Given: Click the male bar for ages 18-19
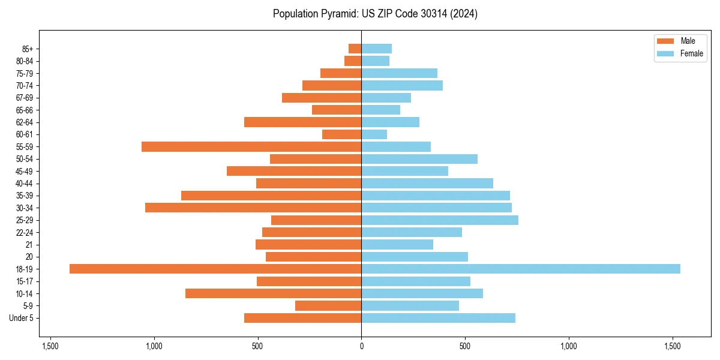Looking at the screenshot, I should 215,269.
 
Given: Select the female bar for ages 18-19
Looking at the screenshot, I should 521,269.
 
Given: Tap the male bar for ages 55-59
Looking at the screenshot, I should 251,146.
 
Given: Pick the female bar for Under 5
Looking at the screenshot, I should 438,318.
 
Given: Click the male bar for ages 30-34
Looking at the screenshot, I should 253,208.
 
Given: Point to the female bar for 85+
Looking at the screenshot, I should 376,49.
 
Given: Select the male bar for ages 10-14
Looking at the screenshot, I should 273,293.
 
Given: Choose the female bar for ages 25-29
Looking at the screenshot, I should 440,220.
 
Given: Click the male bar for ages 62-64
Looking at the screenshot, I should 302,122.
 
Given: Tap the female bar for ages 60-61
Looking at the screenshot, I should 374,134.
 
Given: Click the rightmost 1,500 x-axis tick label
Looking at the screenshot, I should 673,346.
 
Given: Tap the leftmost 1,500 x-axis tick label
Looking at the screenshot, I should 50,346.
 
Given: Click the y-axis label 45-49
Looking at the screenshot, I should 25,171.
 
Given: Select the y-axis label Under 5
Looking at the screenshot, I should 22,318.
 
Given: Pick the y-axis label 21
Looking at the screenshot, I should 29,245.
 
